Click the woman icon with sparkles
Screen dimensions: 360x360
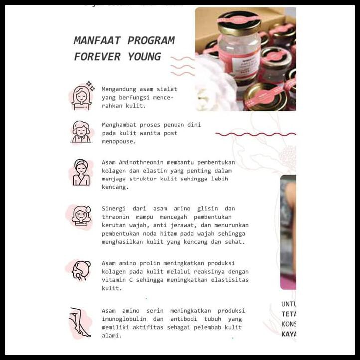81,96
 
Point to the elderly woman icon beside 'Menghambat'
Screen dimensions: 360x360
81,132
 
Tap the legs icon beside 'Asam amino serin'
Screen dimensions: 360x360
80,322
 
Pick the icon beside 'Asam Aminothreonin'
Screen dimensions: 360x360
81,173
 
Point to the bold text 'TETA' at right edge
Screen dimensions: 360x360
289,314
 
